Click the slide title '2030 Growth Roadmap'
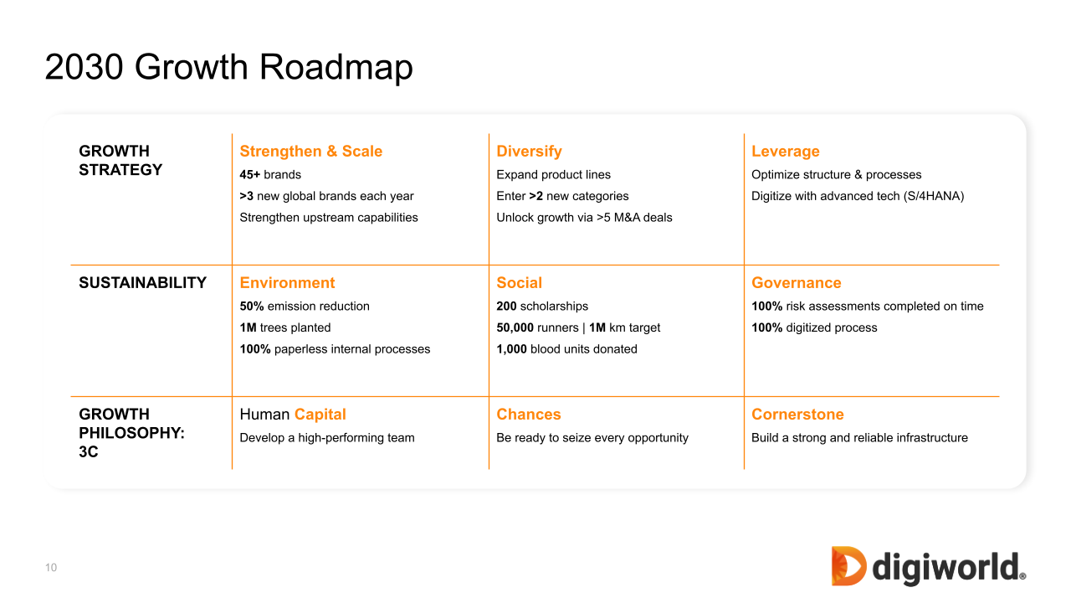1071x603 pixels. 228,67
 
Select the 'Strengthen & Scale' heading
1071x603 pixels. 310,152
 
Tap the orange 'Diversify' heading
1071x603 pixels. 529,152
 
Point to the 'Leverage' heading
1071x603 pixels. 786,152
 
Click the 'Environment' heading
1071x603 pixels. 287,283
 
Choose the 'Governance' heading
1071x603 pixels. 796,283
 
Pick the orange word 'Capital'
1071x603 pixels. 320,415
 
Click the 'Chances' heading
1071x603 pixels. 528,415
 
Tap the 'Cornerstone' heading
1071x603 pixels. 797,415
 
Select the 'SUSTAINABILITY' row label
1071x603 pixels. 142,283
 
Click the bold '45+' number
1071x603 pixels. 249,175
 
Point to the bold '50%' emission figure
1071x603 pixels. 252,307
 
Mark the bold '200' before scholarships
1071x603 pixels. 506,307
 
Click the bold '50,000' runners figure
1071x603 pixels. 515,327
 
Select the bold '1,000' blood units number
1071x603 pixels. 511,349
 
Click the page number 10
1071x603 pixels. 51,568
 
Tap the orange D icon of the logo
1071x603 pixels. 848,566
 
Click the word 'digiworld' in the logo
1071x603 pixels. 949,569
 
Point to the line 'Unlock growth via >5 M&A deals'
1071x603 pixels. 584,218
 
